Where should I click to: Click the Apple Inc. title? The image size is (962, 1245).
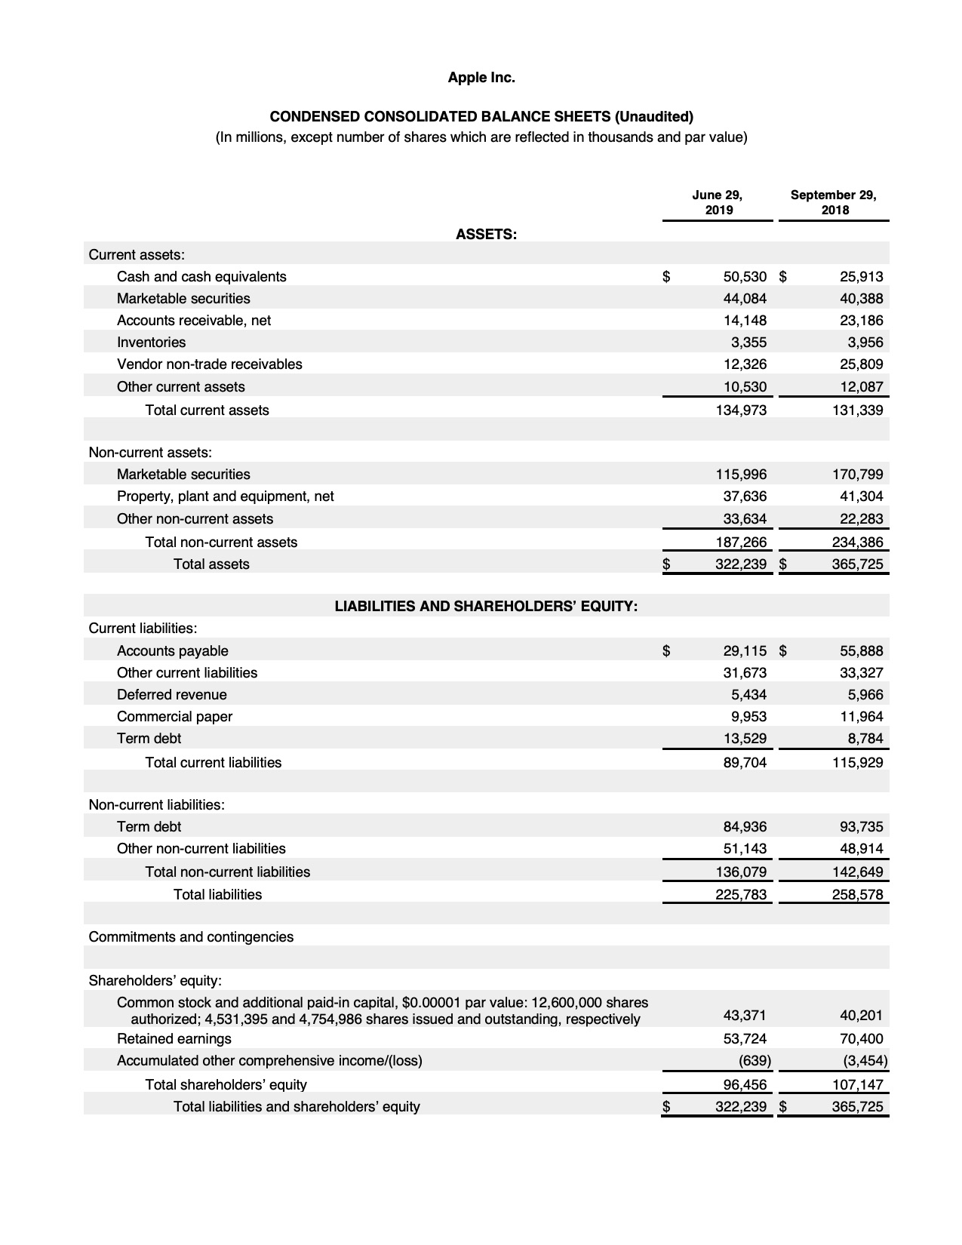coord(481,77)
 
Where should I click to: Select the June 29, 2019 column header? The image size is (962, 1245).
coord(718,202)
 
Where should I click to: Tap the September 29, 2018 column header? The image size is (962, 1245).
coord(834,202)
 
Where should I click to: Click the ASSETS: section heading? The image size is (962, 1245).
coord(486,234)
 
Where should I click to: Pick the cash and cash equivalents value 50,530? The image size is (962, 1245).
coord(745,276)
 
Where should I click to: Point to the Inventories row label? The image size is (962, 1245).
coord(151,342)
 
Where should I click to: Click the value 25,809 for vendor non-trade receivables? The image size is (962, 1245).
coord(861,364)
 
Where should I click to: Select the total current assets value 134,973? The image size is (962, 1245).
coord(740,410)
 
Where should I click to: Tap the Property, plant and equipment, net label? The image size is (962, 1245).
coord(225,496)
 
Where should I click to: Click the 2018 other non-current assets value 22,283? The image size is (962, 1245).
coord(861,518)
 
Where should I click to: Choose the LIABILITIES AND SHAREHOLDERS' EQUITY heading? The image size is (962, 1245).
coord(486,606)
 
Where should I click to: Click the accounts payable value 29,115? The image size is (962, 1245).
coord(745,650)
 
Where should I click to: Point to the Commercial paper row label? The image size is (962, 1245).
coord(174,716)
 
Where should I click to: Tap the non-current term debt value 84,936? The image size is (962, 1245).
coord(745,826)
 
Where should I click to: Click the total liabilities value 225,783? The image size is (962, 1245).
coord(740,894)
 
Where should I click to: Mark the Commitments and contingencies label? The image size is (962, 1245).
coord(191,936)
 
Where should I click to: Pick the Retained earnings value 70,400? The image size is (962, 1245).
coord(861,1038)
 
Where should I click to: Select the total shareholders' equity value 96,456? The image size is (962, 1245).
coord(745,1084)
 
